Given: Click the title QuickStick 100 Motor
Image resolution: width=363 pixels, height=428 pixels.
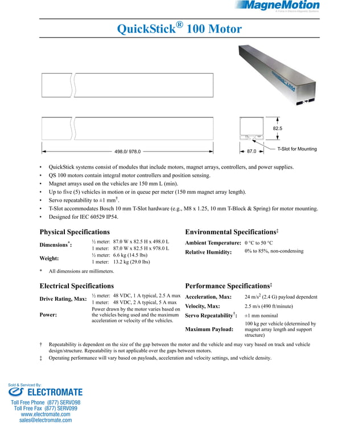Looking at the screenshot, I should point(179,28).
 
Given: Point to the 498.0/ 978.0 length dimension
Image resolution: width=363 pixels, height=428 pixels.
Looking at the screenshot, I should point(127,152).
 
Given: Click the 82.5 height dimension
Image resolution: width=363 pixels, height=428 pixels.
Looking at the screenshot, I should point(278,129).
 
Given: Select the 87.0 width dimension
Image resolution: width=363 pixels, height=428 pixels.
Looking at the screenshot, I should point(251,152).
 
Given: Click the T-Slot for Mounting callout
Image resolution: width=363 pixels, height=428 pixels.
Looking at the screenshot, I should point(297,149).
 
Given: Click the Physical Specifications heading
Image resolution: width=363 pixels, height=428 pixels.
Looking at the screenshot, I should point(75,232).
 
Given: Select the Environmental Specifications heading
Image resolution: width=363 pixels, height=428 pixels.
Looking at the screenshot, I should point(232,232).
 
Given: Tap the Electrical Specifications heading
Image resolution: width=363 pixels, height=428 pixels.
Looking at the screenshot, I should point(77,286).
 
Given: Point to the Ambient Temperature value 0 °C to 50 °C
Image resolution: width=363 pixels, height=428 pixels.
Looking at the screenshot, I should point(267,243).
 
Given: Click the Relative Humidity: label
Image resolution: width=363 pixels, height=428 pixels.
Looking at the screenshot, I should point(208,252).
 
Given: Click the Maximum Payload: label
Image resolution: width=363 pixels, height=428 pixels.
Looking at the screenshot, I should point(209,329).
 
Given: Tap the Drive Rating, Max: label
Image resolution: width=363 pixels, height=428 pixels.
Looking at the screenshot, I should point(63,299).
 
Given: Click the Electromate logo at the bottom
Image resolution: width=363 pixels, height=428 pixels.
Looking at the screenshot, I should point(46,392).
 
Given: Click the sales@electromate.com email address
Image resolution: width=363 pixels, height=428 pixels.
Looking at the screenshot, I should point(46,420).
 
